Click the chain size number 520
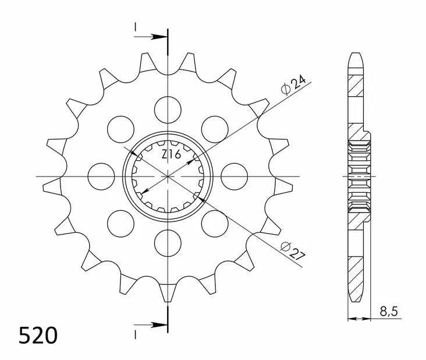pyautogui.click(x=38, y=336)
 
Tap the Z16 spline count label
pyautogui.click(x=171, y=155)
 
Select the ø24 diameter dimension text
pyautogui.click(x=293, y=86)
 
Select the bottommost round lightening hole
pyautogui.click(x=168, y=242)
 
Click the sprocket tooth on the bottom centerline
pyautogui.click(x=168, y=291)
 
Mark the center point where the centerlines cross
pyautogui.click(x=168, y=175)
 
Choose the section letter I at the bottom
pyautogui.click(x=135, y=334)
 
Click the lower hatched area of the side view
pyautogui.click(x=356, y=274)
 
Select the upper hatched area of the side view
pyautogui.click(x=356, y=87)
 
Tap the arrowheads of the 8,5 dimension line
pyautogui.click(x=358, y=319)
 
